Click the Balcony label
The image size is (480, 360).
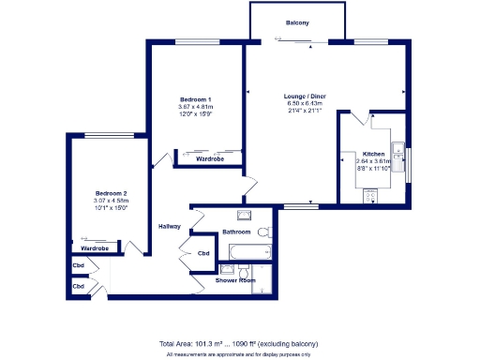(297, 22)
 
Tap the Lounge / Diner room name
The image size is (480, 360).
(306, 96)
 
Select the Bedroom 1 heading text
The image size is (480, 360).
(196, 99)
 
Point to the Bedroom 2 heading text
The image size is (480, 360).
(111, 193)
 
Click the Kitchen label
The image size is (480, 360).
(374, 153)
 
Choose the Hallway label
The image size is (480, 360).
(170, 226)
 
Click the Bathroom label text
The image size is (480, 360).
(236, 232)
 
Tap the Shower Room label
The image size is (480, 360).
(235, 280)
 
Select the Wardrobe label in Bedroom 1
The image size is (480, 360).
(209, 159)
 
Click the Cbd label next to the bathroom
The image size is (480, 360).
(203, 253)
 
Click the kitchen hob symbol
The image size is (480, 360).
(370, 195)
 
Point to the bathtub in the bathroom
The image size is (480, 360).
(248, 252)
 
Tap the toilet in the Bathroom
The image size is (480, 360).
(263, 231)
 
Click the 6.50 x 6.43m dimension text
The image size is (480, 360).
(306, 103)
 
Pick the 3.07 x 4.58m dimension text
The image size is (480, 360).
(111, 201)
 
